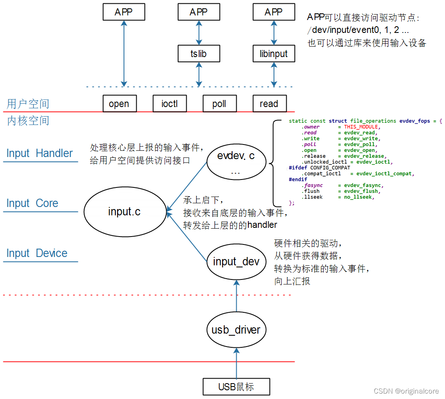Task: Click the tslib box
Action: click(198, 54)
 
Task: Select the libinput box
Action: click(273, 54)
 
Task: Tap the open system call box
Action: click(119, 104)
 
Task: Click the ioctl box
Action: click(169, 104)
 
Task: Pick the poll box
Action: click(219, 104)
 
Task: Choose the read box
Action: click(269, 104)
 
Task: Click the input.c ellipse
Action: click(124, 212)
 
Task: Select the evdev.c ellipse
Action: click(236, 162)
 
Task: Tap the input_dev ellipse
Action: click(236, 262)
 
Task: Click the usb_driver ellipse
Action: click(236, 330)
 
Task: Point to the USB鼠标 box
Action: click(236, 387)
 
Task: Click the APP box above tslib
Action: click(198, 12)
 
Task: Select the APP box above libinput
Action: click(273, 12)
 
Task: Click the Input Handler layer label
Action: click(40, 153)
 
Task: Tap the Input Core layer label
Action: click(32, 203)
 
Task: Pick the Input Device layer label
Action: click(37, 253)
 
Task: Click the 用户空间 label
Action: click(28, 104)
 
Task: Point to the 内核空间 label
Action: click(28, 121)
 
